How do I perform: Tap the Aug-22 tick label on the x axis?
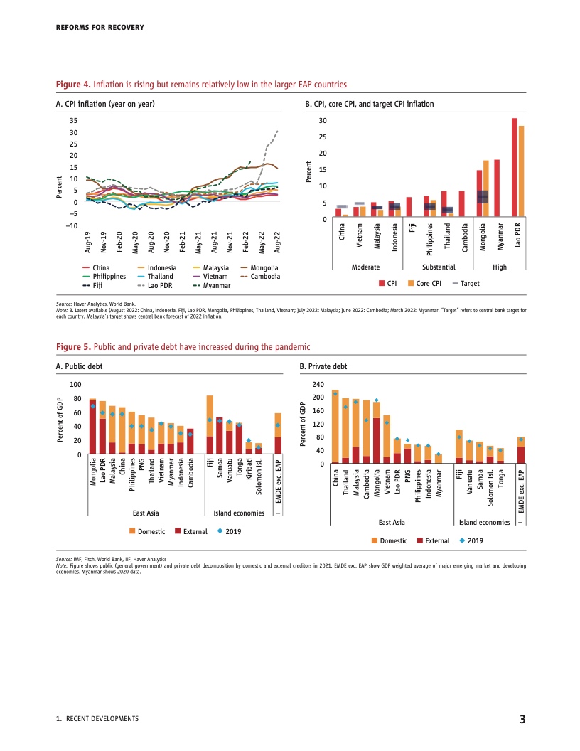276,243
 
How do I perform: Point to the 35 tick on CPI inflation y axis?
72,121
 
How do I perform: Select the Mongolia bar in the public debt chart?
92,425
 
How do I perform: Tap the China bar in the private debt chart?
335,427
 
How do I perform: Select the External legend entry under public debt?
195,531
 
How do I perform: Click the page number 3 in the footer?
522,719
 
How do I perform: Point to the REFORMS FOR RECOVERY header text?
100,28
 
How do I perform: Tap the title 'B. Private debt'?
323,367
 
